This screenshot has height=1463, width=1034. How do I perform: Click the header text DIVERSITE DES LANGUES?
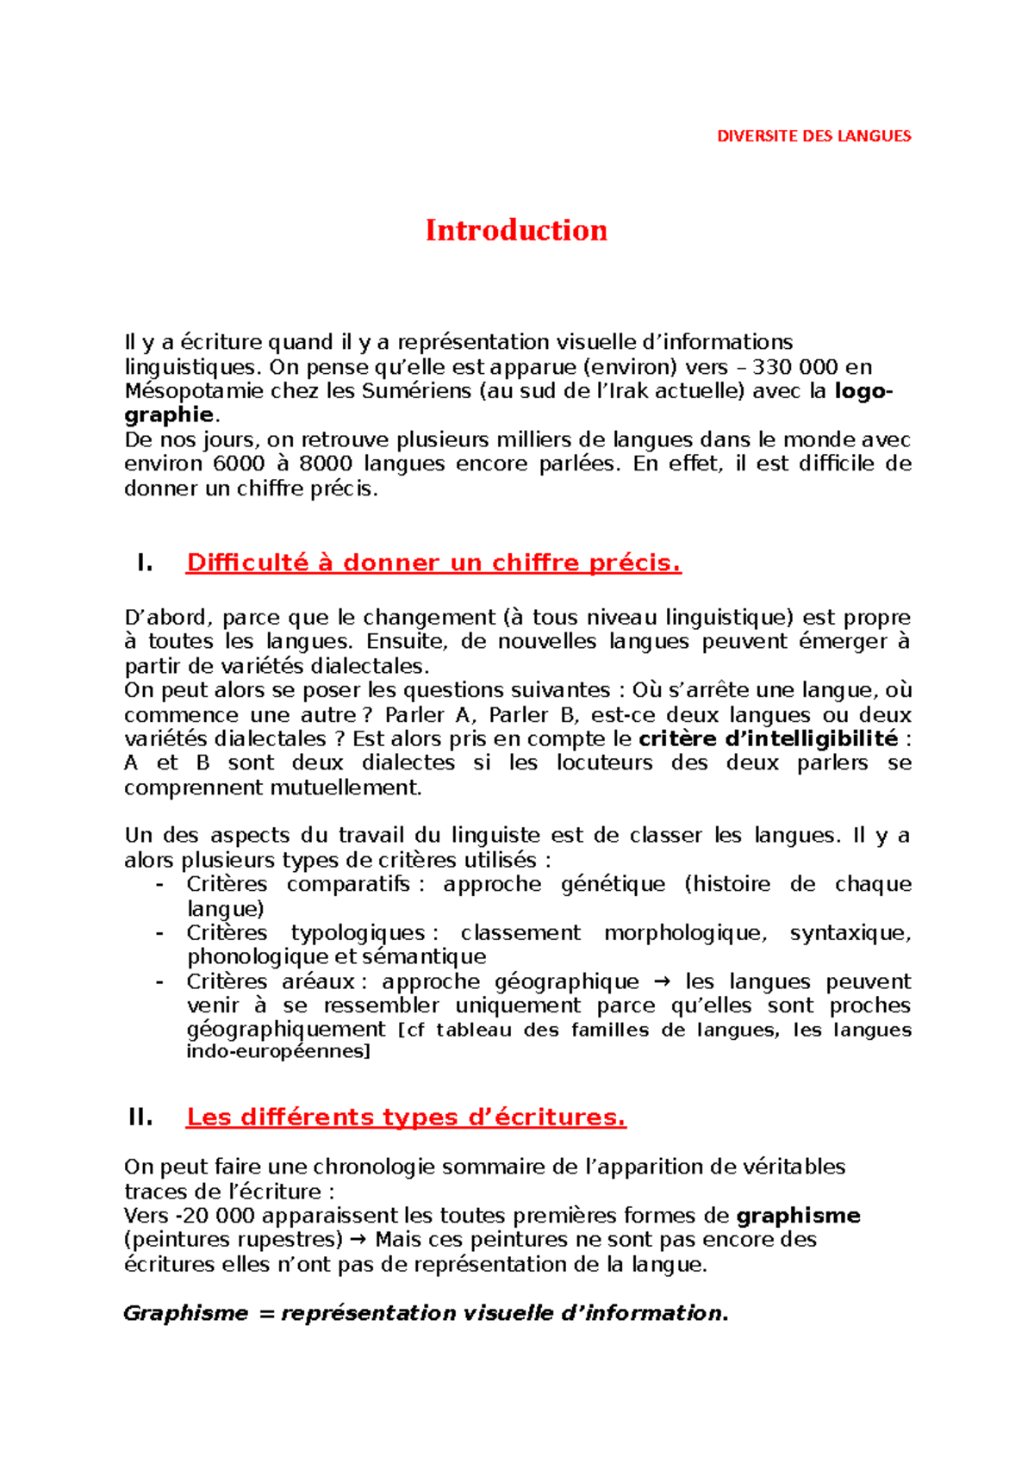click(813, 136)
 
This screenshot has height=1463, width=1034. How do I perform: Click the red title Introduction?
click(516, 230)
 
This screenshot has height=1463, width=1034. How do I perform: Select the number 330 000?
click(794, 367)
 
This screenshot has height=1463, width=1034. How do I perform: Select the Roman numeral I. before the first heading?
click(145, 563)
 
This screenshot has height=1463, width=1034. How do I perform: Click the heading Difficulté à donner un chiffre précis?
click(433, 563)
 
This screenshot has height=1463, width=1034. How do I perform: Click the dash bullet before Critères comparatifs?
click(159, 885)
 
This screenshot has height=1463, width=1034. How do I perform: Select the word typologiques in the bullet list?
click(358, 933)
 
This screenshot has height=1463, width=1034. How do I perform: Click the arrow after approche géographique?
click(662, 982)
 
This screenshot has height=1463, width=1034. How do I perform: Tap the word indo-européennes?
click(277, 1051)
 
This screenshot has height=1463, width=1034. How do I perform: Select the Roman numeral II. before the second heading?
click(140, 1117)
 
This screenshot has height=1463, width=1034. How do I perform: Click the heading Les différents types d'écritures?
click(406, 1117)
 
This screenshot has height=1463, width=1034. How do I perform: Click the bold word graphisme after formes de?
click(798, 1216)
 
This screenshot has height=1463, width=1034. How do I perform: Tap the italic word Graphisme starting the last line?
click(185, 1313)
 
